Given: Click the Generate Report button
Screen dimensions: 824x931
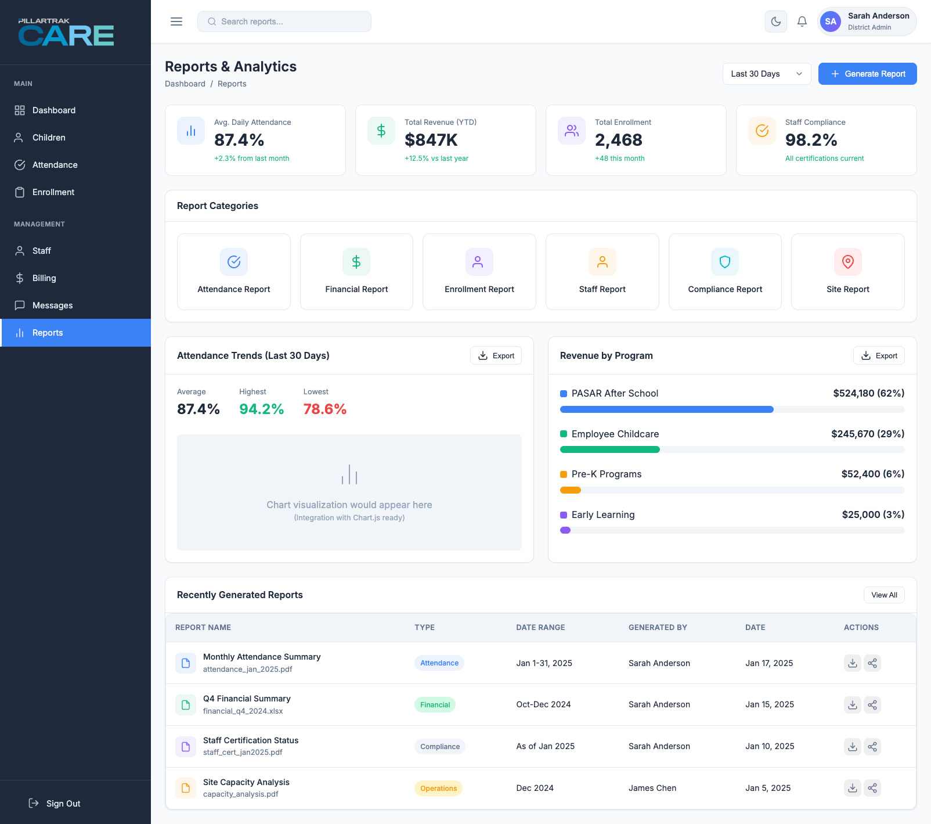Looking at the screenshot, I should click(x=867, y=74).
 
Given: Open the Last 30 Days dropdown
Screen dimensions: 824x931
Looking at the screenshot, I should click(x=766, y=74).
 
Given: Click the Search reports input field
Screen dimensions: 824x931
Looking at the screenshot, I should click(x=284, y=21).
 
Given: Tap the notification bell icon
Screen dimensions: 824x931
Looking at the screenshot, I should click(x=802, y=21).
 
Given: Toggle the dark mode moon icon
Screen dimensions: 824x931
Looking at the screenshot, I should click(x=775, y=21).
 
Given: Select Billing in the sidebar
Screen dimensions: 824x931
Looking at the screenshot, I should click(x=44, y=278).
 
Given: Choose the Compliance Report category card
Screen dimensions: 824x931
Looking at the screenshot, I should click(x=725, y=272).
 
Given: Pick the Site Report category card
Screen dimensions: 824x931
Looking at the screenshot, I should click(x=847, y=272).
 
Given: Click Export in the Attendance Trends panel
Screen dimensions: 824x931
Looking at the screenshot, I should click(x=496, y=355).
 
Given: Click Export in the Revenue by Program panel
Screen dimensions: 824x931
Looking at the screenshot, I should click(x=879, y=355).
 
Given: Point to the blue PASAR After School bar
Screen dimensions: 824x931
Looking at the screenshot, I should click(x=666, y=409).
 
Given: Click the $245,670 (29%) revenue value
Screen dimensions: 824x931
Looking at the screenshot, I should click(x=867, y=434).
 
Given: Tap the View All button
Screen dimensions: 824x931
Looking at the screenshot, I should click(x=883, y=595).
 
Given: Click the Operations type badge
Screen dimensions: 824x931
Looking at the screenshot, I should click(x=438, y=788).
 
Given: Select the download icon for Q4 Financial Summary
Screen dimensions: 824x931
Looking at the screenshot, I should click(x=852, y=704).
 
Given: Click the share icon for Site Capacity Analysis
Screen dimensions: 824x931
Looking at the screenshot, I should click(x=872, y=788).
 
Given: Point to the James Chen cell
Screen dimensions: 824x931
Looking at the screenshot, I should click(x=652, y=788).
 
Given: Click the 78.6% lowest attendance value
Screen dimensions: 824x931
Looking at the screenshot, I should click(x=324, y=409).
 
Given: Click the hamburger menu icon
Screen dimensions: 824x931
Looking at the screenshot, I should click(x=176, y=21).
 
